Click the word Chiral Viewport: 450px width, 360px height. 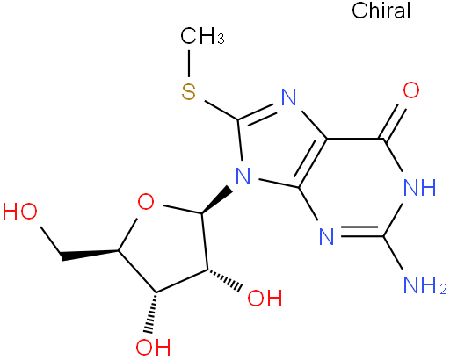[381, 11]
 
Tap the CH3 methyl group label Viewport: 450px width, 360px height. [202, 36]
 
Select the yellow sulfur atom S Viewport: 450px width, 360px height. [188, 91]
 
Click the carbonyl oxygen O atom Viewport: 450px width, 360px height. [411, 90]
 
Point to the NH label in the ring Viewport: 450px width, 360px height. [419, 187]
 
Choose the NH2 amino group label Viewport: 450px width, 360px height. [425, 284]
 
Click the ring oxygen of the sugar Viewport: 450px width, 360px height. [146, 202]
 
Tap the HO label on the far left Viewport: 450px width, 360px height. [20, 212]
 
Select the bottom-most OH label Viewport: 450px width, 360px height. [153, 347]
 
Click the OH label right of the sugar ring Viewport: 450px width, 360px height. [265, 299]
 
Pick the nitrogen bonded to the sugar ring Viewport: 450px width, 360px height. [243, 176]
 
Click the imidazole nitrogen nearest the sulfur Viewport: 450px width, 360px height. [289, 97]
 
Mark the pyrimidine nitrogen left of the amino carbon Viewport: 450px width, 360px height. [327, 236]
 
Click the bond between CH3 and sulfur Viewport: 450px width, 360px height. [189, 64]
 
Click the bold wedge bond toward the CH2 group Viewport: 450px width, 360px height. [90, 254]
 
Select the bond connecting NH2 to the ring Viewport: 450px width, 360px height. [393, 252]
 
